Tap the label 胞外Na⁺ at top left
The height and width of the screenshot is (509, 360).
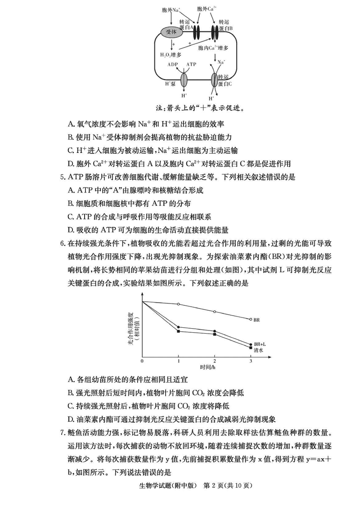click(171, 9)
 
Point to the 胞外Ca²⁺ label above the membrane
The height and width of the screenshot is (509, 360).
click(207, 9)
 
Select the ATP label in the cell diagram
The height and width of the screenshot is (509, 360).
click(191, 64)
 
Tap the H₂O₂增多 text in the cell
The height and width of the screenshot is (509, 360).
click(171, 54)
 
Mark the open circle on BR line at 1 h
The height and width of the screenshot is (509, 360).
click(179, 304)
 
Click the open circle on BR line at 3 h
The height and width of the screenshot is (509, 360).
click(250, 319)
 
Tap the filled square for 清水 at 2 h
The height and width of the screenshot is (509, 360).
click(215, 335)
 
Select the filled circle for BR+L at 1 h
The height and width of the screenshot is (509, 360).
click(179, 327)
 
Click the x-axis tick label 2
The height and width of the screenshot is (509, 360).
click(214, 361)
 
